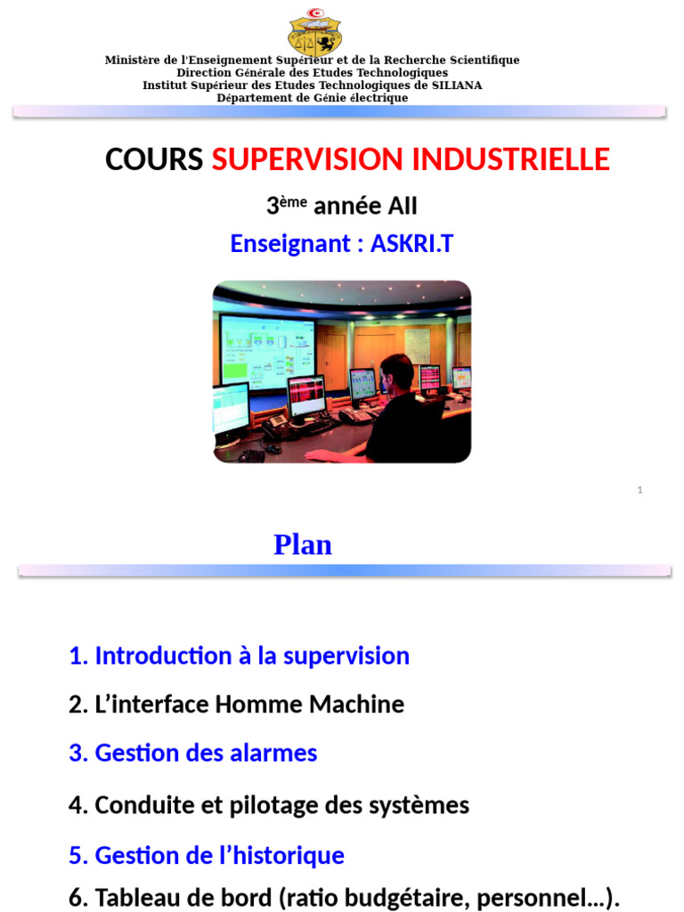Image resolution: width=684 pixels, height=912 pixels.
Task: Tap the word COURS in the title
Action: click(154, 159)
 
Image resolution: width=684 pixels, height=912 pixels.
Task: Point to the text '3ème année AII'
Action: click(341, 206)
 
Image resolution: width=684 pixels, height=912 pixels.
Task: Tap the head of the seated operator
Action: click(395, 372)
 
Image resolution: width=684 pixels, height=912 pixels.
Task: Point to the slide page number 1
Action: click(639, 490)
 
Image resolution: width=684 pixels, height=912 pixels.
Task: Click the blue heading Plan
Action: click(303, 545)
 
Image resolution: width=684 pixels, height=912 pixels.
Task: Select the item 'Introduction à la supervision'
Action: click(239, 656)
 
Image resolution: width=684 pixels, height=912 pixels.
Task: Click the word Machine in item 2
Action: click(356, 704)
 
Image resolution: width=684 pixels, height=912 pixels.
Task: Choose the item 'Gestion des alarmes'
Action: click(192, 753)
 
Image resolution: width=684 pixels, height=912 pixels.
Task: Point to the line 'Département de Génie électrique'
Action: click(313, 98)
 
